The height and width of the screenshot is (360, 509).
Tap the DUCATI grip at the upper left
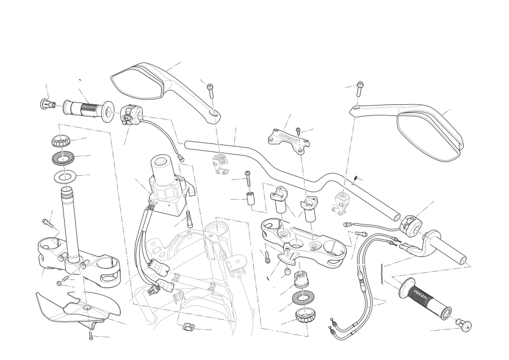pos(85,108)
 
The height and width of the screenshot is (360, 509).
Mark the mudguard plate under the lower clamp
pos(70,308)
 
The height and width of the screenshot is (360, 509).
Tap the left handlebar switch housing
pos(131,114)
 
